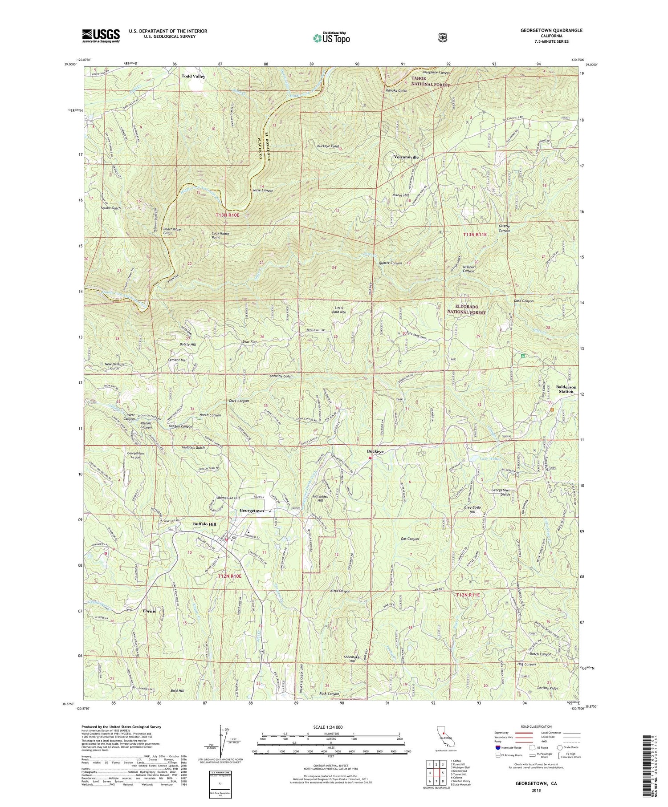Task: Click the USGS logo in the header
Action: [101, 36]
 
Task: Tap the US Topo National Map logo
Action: [331, 37]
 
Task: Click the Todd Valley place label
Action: [193, 76]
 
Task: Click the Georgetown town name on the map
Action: [252, 511]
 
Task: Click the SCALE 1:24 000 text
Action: [331, 727]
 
